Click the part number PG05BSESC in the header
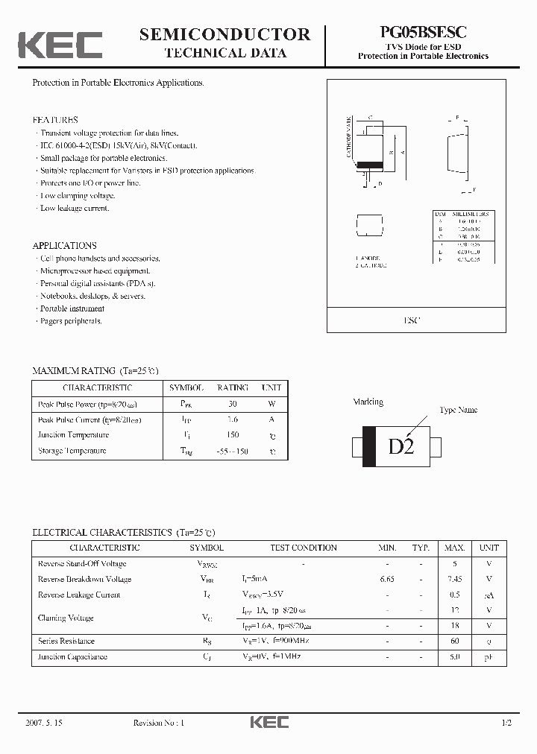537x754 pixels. pyautogui.click(x=424, y=33)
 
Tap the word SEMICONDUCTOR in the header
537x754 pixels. pyautogui.click(x=225, y=34)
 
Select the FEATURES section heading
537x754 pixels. pyautogui.click(x=55, y=120)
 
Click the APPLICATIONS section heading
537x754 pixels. pyautogui.click(x=65, y=245)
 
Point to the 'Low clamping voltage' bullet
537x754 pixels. pyautogui.click(x=78, y=196)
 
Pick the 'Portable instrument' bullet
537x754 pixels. pyautogui.click(x=72, y=308)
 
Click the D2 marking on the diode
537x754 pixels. pyautogui.click(x=401, y=448)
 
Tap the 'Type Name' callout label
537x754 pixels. pyautogui.click(x=458, y=410)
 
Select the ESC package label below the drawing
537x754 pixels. pyautogui.click(x=412, y=320)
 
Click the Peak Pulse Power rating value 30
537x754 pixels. pyautogui.click(x=233, y=404)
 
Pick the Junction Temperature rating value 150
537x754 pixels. pyautogui.click(x=233, y=435)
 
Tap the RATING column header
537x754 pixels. pyautogui.click(x=233, y=387)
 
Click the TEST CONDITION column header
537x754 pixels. pyautogui.click(x=304, y=548)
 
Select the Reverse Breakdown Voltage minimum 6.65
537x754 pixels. pyautogui.click(x=386, y=579)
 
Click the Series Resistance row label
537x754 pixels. pyautogui.click(x=66, y=641)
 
